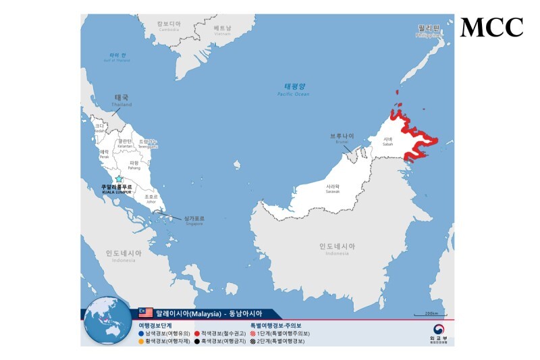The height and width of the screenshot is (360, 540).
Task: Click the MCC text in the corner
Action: (491, 28)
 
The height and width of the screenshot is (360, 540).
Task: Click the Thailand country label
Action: (122, 99)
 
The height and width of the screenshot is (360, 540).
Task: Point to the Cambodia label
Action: (168, 26)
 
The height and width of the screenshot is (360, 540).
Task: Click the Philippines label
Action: (428, 30)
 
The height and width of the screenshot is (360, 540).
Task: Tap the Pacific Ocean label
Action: (294, 89)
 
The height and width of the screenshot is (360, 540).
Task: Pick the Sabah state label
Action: (387, 142)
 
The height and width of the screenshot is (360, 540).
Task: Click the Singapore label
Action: (193, 220)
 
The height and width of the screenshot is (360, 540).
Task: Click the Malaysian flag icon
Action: (146, 313)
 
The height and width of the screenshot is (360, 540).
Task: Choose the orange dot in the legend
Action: (140, 341)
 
